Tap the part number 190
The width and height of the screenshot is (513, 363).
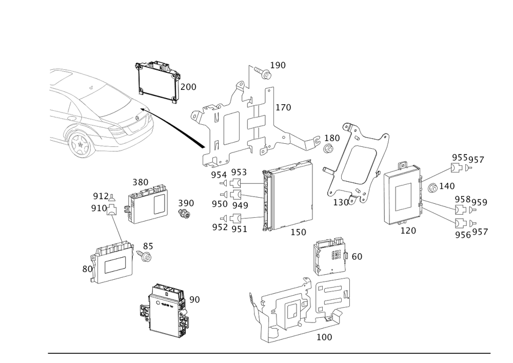click(278, 65)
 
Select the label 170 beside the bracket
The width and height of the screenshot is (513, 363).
click(283, 108)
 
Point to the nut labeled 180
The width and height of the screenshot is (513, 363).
click(329, 149)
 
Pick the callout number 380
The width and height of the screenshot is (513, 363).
click(140, 182)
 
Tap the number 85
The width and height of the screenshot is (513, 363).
click(148, 246)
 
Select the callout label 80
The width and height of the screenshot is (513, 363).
click(87, 268)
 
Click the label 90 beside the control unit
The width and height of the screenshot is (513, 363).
click(194, 299)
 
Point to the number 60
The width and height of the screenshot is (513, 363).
click(357, 256)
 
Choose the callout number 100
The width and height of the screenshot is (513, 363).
click(324, 337)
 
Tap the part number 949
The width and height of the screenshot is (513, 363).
click(240, 204)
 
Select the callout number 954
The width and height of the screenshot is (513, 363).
click(219, 174)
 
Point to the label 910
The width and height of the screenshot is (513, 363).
click(99, 208)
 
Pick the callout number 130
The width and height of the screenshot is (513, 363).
click(342, 202)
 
